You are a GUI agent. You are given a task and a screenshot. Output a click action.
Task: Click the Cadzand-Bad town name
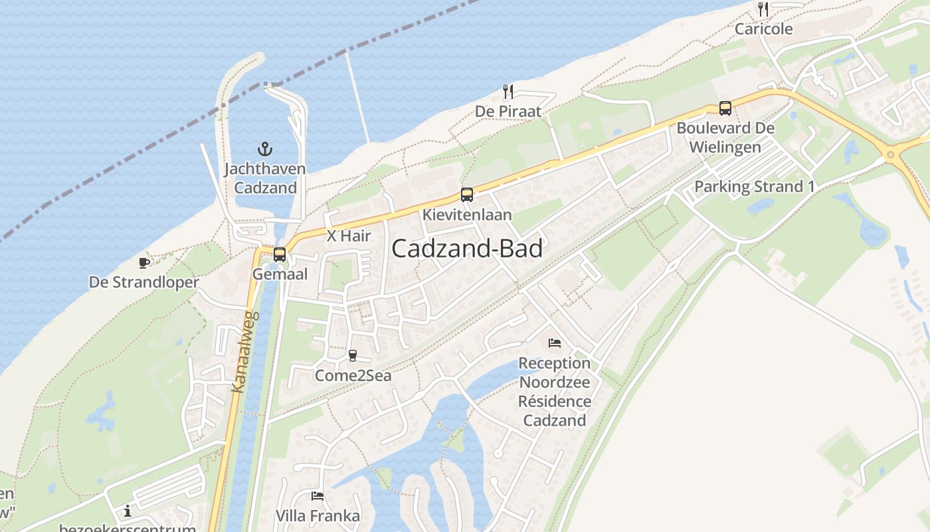pos(467,249)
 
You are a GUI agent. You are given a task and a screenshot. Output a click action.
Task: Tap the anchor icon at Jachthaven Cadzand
pos(265,148)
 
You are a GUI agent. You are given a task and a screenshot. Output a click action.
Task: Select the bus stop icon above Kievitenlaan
pos(467,195)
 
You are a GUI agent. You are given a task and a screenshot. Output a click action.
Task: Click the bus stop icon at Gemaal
pos(280,254)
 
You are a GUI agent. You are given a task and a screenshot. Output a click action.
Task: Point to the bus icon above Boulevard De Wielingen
pos(725,108)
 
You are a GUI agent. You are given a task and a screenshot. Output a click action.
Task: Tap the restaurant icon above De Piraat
pos(508,92)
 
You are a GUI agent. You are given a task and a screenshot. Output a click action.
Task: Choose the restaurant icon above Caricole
pos(763,9)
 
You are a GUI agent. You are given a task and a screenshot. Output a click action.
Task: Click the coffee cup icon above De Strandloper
pos(144,263)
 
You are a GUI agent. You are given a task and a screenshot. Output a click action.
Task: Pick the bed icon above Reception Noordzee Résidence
pos(555,343)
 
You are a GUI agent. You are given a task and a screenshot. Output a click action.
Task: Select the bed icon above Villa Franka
pos(318,496)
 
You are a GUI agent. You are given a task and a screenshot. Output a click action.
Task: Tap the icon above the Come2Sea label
pos(353,356)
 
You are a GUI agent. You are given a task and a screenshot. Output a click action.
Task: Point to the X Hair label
pos(349,235)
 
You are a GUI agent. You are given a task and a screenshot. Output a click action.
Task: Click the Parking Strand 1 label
pos(754,187)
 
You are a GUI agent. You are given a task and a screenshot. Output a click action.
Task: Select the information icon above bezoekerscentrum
pos(128,511)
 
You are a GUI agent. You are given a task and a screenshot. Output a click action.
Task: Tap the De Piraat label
pos(508,111)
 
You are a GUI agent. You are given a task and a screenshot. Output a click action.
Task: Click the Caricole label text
pos(763,29)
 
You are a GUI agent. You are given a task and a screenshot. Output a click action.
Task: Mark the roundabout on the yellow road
pos(890,156)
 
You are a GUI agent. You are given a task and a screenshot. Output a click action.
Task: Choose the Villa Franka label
pos(318,516)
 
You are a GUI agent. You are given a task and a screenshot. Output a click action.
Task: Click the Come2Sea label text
pos(353,376)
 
